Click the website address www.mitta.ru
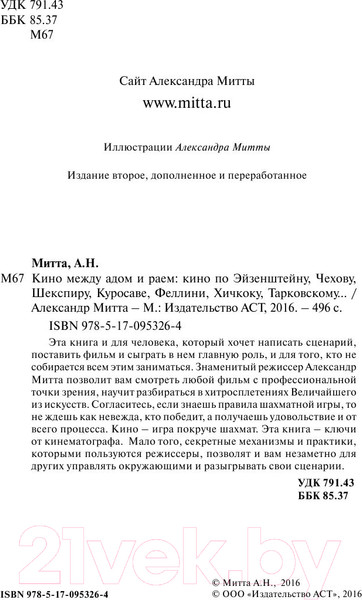point(181,103)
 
